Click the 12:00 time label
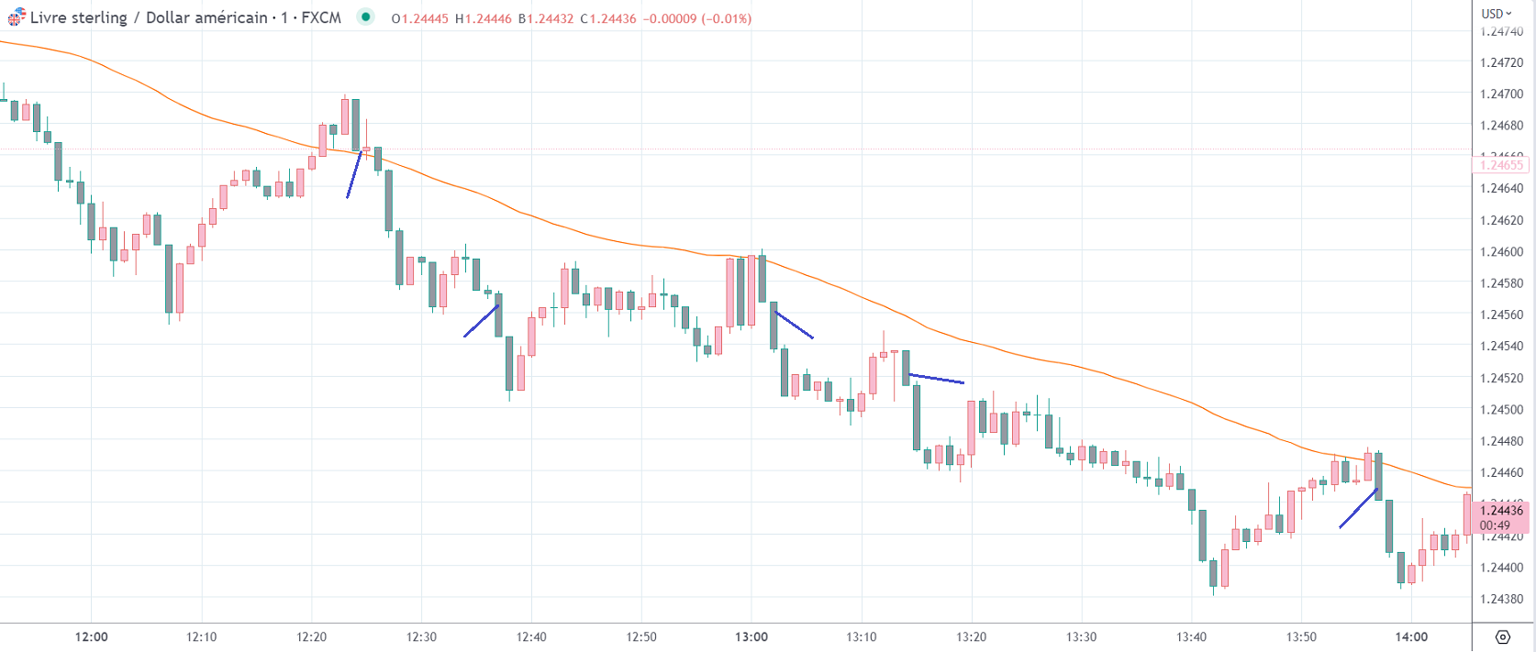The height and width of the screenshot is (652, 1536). click(92, 637)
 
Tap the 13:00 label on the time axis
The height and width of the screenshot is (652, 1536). click(751, 637)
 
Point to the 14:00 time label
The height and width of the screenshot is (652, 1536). click(1411, 637)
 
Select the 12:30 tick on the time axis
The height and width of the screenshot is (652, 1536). click(421, 637)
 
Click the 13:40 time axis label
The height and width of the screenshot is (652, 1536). click(1191, 637)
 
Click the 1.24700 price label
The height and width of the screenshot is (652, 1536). click(1501, 94)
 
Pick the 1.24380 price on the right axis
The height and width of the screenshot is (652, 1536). click(1501, 600)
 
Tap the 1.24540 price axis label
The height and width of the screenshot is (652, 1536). click(1501, 347)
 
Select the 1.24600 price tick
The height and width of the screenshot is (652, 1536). click(1501, 252)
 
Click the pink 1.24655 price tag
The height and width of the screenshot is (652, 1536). click(1501, 166)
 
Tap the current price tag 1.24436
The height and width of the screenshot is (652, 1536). click(1501, 511)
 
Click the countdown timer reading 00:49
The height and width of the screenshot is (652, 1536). click(1495, 526)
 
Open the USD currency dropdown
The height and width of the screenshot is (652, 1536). click(1497, 14)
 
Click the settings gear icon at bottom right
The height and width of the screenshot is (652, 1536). click(1502, 637)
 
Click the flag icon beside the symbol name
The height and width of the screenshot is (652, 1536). click(17, 17)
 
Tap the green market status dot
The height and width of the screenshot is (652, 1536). click(366, 17)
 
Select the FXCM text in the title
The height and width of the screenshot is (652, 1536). click(320, 17)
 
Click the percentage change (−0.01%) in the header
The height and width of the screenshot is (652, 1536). click(726, 18)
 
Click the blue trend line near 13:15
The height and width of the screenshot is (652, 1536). click(936, 378)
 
